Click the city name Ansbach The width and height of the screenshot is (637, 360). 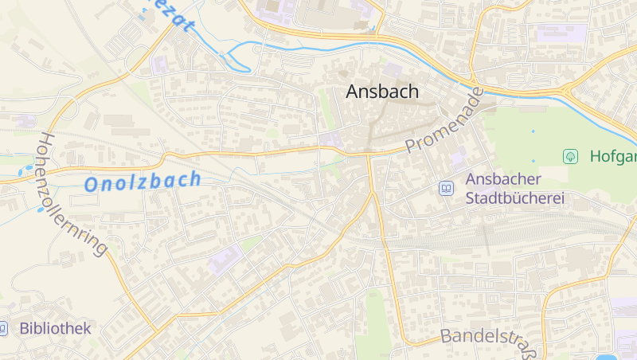coord(382,92)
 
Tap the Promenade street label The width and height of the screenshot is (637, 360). coord(444,121)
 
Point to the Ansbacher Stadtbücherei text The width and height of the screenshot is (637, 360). coord(514,189)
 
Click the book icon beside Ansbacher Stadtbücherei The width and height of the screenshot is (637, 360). coord(447,189)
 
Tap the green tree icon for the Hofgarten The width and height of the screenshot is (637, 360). coord(570,156)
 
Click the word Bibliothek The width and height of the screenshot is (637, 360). coord(56,328)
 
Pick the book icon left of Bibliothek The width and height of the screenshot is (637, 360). coord(3,328)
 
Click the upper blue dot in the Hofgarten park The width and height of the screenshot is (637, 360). coord(533,131)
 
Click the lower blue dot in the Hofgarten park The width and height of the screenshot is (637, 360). coord(533,160)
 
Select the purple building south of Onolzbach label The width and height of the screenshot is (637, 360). coord(225,257)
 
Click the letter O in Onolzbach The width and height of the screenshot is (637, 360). coord(92,186)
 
